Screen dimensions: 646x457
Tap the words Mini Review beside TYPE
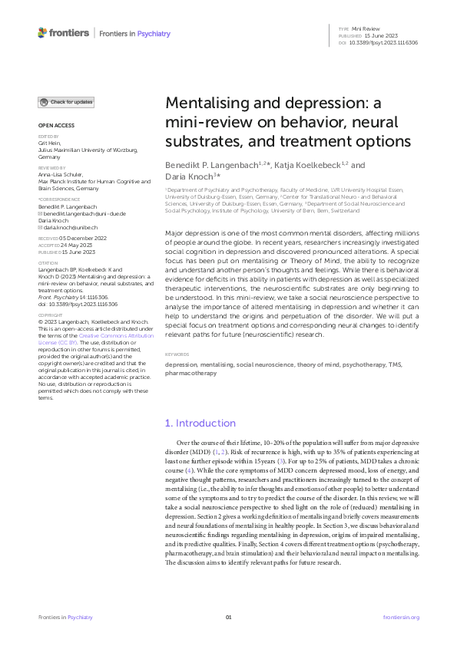366,28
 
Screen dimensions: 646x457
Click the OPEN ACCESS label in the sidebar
57,125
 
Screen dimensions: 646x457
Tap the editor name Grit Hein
49,143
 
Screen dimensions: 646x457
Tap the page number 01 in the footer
228,617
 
